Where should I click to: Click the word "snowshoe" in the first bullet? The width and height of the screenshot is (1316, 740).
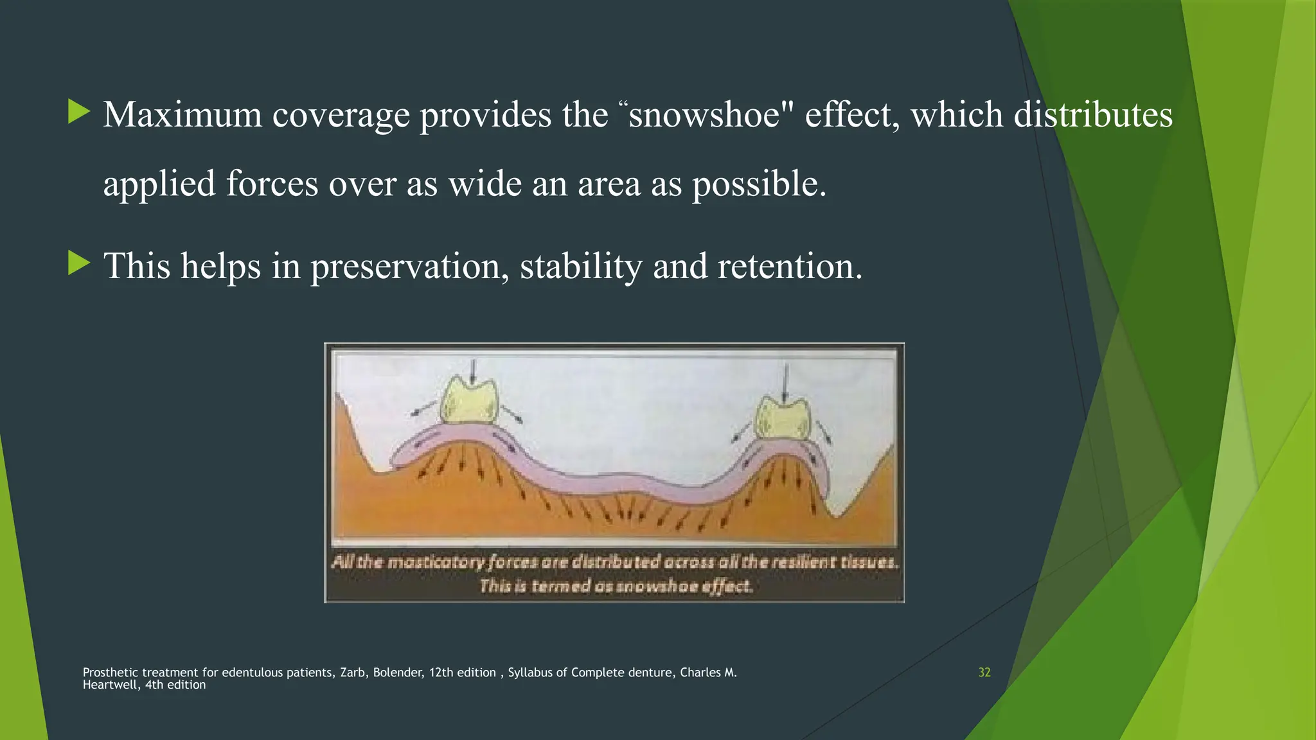(704, 116)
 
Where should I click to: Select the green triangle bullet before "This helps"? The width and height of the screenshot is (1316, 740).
(79, 263)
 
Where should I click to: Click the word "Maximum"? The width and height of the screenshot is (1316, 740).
(182, 116)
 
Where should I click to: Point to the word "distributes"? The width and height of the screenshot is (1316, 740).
(1093, 116)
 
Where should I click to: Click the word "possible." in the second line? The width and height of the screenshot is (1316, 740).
(759, 185)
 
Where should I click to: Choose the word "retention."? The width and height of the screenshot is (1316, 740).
(790, 267)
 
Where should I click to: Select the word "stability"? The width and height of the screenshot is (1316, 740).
(580, 267)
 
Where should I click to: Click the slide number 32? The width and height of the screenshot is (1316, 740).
(984, 673)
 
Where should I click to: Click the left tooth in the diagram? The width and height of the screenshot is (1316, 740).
(469, 402)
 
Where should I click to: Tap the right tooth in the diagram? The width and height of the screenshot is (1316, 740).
(783, 418)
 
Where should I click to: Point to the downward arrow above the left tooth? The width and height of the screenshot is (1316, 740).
(473, 371)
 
